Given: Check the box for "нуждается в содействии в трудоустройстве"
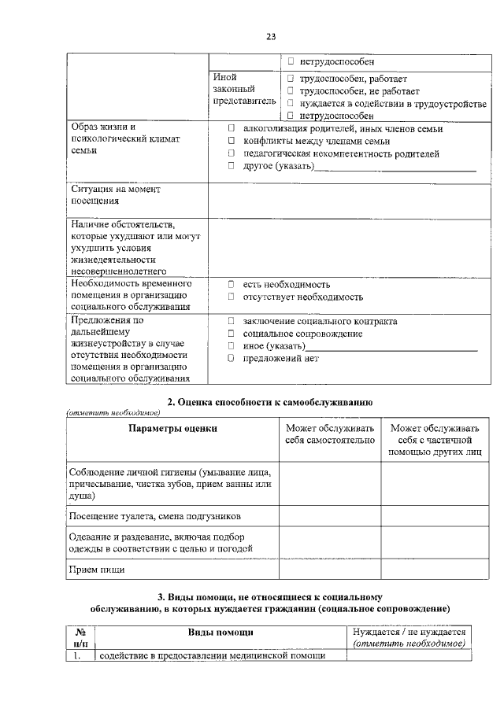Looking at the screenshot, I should (291, 103).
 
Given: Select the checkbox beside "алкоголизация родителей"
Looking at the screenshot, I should (232, 128).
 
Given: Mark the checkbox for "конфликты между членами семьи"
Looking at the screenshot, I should (232, 141).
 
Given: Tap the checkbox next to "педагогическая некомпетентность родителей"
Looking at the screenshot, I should (232, 153).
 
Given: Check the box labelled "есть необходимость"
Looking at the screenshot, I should (232, 284).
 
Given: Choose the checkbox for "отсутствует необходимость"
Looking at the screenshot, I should (232, 297).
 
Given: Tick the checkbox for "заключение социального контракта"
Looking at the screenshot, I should (232, 321).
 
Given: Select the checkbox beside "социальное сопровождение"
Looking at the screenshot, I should (232, 334).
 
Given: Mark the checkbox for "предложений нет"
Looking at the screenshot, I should (232, 358).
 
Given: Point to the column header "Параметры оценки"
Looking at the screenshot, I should (172, 429).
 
